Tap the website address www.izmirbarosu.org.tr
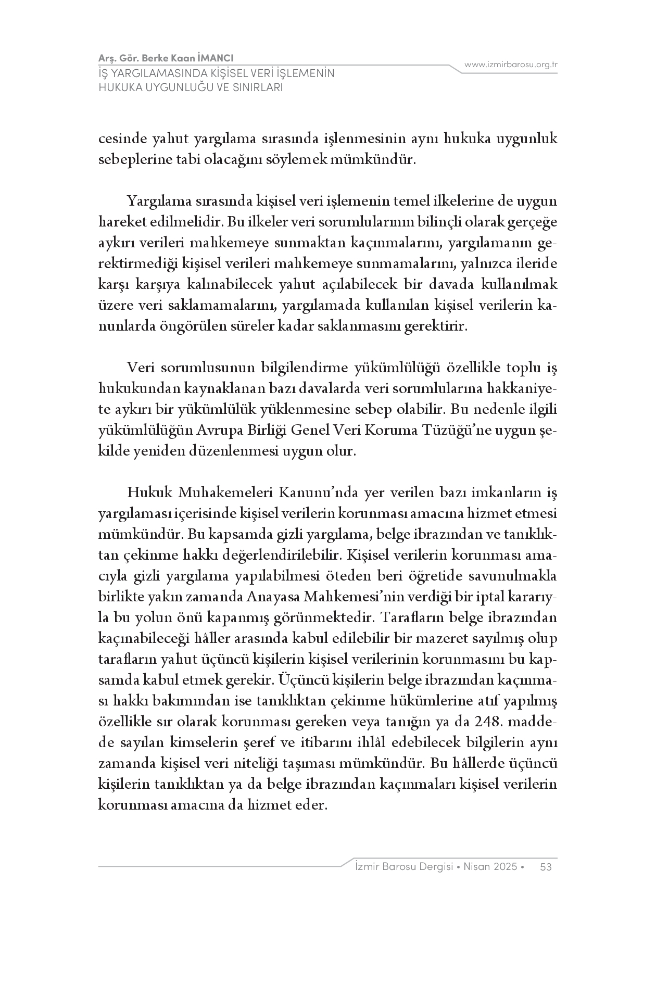tap(511, 65)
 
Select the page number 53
tap(546, 867)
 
